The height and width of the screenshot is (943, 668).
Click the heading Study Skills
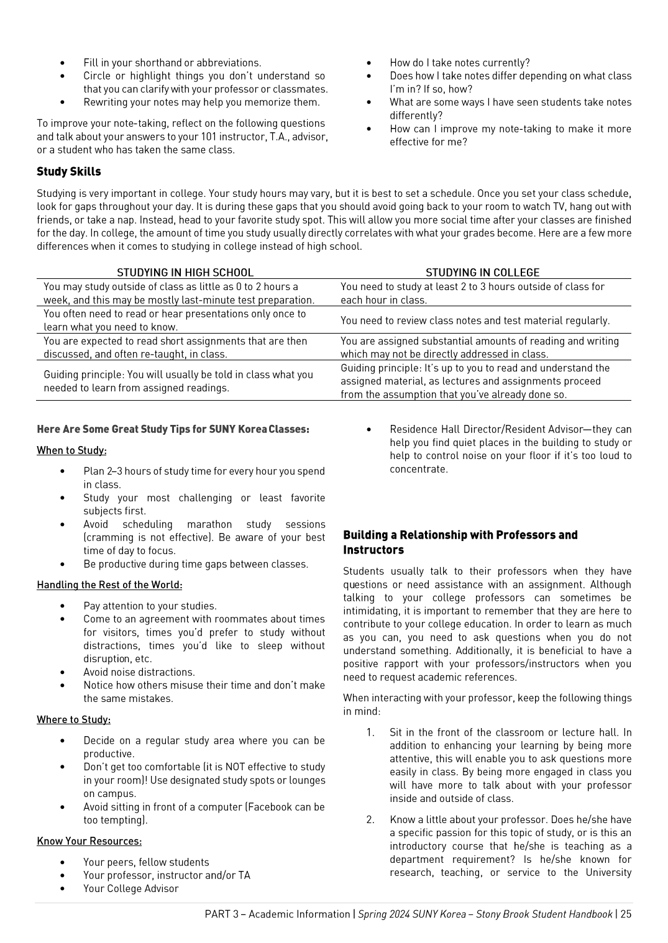pos(68,171)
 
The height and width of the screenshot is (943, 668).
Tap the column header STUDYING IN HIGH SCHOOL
pos(185,272)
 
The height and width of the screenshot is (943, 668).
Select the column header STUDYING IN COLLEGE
pos(482,272)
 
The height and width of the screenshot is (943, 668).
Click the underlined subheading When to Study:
pos(71,450)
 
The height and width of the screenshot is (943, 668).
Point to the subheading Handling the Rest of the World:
pos(109,585)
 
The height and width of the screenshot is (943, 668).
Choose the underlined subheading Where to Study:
pos(73,719)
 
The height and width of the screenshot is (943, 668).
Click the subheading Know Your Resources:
pos(89,841)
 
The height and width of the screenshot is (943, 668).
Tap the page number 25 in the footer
pos(625,914)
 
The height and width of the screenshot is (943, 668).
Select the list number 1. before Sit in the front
pos(370,732)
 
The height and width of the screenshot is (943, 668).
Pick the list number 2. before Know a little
pos(370,819)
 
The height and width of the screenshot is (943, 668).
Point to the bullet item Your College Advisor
pos(130,888)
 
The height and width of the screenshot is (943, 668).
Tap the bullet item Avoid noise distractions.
pos(139,672)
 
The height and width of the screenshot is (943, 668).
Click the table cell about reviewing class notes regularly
pos(475,321)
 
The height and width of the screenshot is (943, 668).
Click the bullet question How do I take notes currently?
pos(459,63)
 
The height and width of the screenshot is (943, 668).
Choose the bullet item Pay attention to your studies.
pos(150,606)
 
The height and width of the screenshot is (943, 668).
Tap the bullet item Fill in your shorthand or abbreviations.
pos(172,63)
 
